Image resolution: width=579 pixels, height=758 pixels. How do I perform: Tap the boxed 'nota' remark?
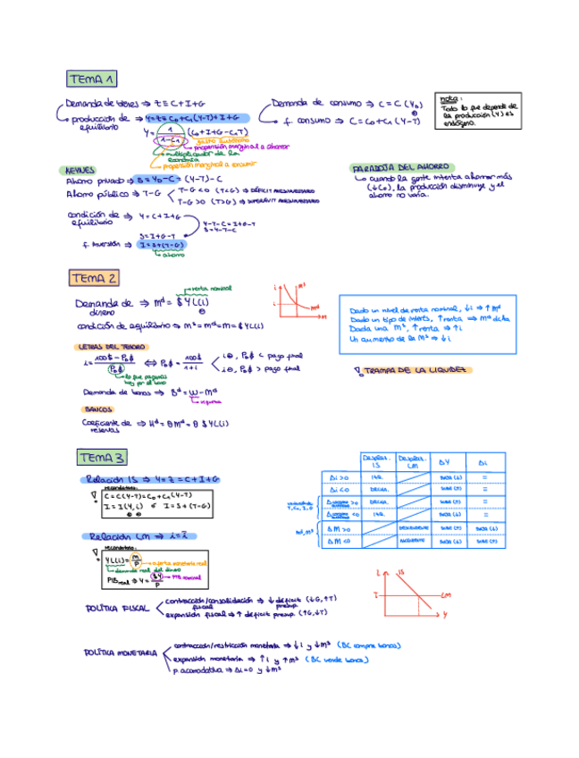tap(480, 111)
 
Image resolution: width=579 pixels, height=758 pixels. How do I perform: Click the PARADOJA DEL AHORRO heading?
tap(400, 167)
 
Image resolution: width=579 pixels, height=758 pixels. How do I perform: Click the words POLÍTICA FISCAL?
tap(116, 609)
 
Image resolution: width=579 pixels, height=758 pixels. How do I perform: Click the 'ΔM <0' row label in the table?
tap(340, 542)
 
